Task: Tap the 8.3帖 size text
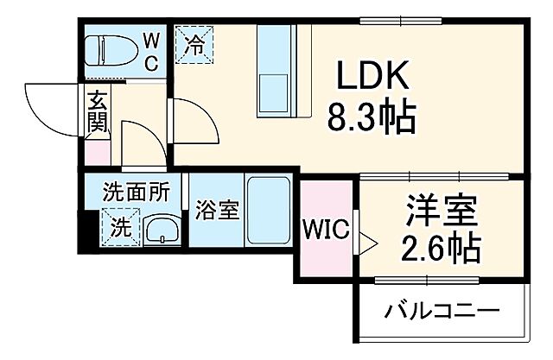(x=371, y=116)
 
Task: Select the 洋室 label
(x=442, y=211)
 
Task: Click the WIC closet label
(x=326, y=230)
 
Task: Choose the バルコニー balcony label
(x=442, y=308)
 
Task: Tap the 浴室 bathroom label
(x=217, y=210)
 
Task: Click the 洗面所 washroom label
(x=136, y=193)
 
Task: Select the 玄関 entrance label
(x=96, y=110)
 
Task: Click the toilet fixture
(x=111, y=51)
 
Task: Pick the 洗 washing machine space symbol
(x=121, y=228)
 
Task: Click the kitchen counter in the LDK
(x=276, y=71)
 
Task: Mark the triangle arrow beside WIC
(x=366, y=243)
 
